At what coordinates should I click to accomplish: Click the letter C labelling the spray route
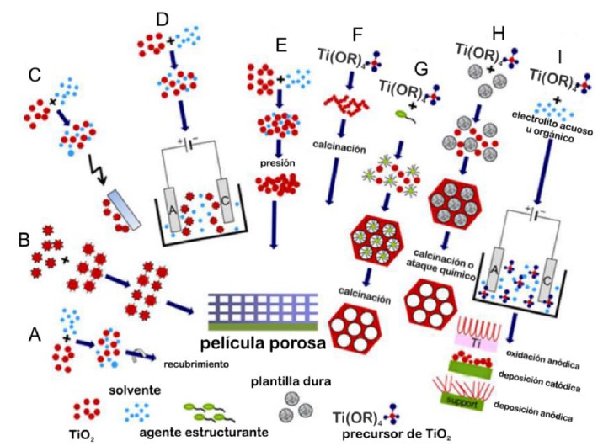click(x=34, y=75)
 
